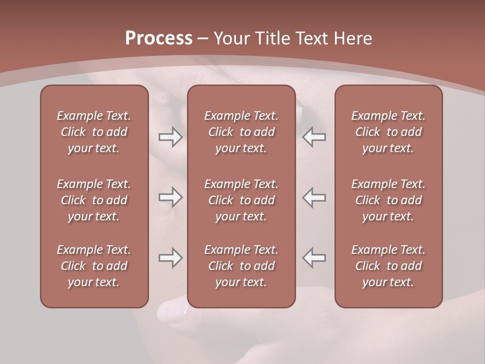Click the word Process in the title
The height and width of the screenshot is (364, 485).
coord(159,38)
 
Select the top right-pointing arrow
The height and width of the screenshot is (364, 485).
coord(170,137)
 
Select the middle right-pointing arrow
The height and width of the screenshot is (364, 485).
coord(170,197)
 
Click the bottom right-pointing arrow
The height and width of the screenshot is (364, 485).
coord(170,258)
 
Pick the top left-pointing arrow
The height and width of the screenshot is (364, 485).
coord(314,137)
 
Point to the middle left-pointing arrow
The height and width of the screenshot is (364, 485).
coord(314,197)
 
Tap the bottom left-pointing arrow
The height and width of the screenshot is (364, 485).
coord(314,258)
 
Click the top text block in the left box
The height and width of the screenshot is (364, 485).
coord(94,132)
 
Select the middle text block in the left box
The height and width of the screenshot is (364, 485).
coord(94,200)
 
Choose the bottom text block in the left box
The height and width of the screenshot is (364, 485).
coord(94,266)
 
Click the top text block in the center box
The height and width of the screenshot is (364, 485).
coord(241,132)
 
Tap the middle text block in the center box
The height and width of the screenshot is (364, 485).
coord(241,200)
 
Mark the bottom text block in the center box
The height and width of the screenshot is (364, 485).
coord(241,266)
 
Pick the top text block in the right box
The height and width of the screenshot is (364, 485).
coord(389,132)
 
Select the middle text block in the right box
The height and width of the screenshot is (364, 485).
coord(389,200)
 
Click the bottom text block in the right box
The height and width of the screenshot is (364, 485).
coord(389,266)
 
